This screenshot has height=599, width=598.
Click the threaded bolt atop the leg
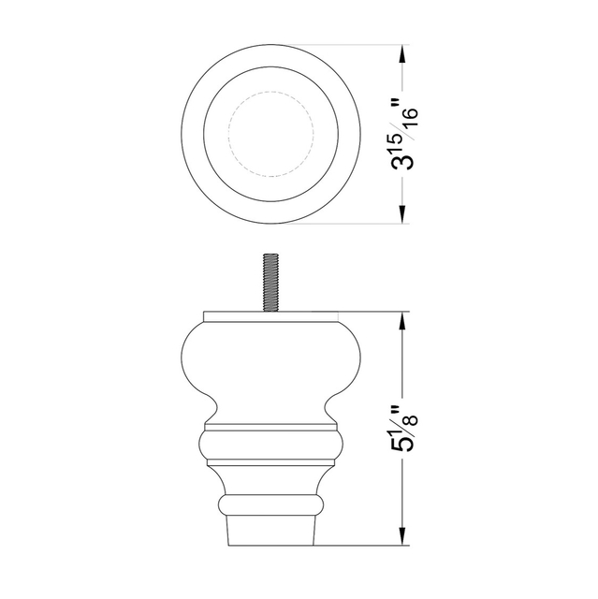(270, 283)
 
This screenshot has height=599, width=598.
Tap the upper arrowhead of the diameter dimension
(401, 54)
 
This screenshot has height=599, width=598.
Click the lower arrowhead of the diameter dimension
(401, 214)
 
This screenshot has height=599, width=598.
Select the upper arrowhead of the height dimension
(401, 322)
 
